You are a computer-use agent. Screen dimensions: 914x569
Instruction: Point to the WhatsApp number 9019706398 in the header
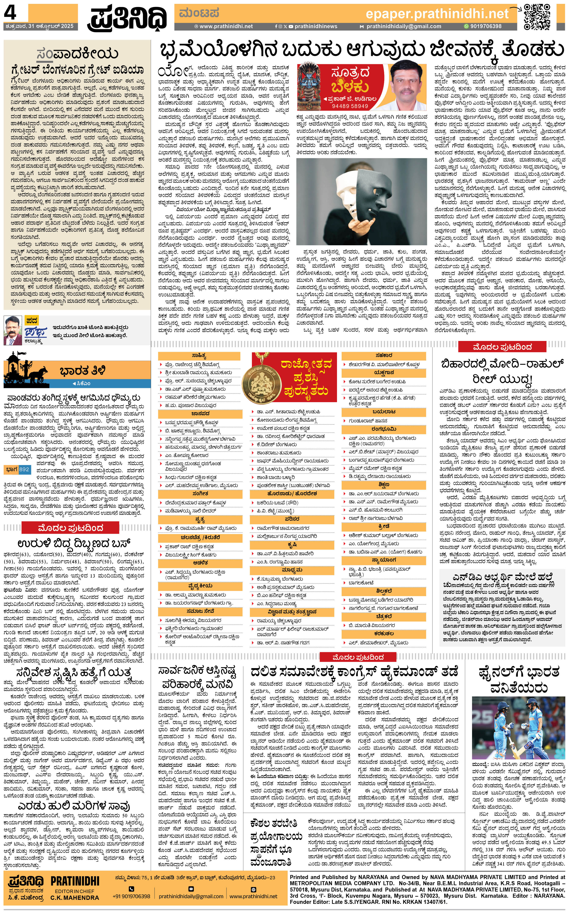[485, 26]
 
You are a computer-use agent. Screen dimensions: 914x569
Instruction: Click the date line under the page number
[40, 26]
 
